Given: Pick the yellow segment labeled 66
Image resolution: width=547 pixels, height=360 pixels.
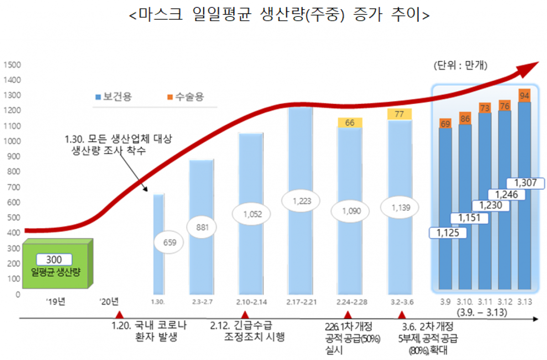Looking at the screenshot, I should click(x=350, y=122).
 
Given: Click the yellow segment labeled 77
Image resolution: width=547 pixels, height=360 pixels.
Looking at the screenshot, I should click(x=399, y=114).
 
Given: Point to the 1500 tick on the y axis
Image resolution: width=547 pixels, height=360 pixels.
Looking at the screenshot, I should click(x=12, y=65).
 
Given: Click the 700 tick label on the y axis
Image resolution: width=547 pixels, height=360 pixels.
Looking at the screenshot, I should click(x=12, y=187).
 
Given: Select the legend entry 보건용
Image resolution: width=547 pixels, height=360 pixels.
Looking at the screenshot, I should click(x=113, y=97).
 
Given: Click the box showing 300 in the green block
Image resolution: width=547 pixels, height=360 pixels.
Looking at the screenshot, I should click(x=55, y=260).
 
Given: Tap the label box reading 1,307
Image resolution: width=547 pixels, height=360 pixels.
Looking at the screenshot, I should click(x=526, y=183).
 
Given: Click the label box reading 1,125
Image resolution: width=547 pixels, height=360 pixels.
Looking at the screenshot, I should click(x=448, y=233).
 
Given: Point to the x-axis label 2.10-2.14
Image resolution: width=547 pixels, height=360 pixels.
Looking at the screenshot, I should click(x=251, y=302).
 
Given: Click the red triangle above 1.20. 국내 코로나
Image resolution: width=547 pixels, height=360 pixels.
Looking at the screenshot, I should click(x=120, y=315).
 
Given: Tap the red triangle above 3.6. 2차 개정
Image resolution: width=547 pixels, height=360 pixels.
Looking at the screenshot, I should click(x=401, y=315).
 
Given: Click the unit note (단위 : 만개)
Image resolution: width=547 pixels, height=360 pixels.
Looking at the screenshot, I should click(x=460, y=66).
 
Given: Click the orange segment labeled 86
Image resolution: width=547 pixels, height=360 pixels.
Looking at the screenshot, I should click(x=465, y=118).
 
